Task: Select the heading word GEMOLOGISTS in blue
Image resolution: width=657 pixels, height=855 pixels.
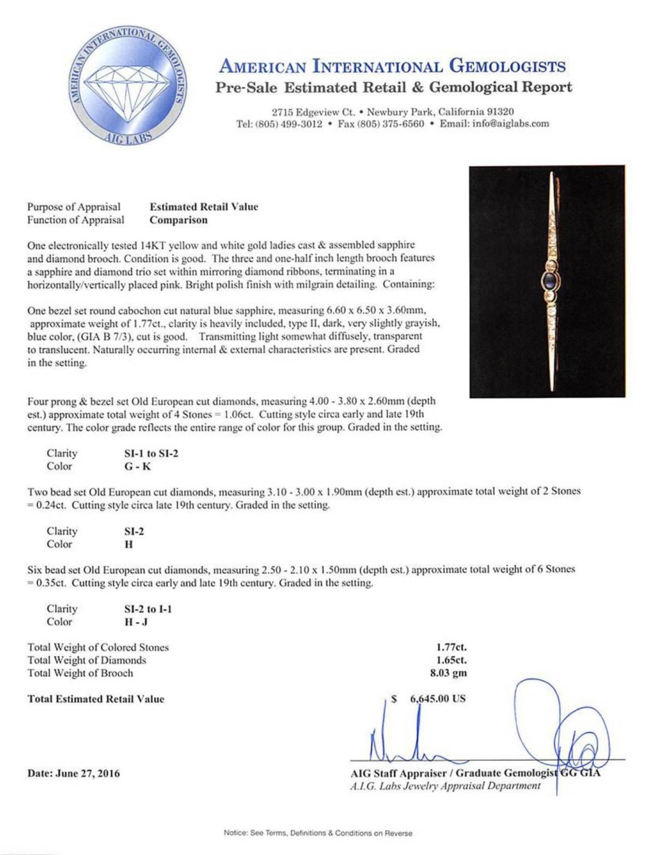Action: tap(508, 67)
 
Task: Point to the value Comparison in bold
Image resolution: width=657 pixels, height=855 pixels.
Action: tap(178, 220)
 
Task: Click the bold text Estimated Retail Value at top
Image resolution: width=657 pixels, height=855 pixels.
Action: tap(204, 207)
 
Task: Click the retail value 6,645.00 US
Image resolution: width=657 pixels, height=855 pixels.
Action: tap(437, 699)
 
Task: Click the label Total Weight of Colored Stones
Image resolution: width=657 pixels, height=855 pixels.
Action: tap(98, 647)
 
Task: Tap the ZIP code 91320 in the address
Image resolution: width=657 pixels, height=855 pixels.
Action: tap(499, 112)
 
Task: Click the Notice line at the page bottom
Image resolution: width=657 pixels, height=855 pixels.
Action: tap(318, 833)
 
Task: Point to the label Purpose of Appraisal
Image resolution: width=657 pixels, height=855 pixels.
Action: tap(74, 207)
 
